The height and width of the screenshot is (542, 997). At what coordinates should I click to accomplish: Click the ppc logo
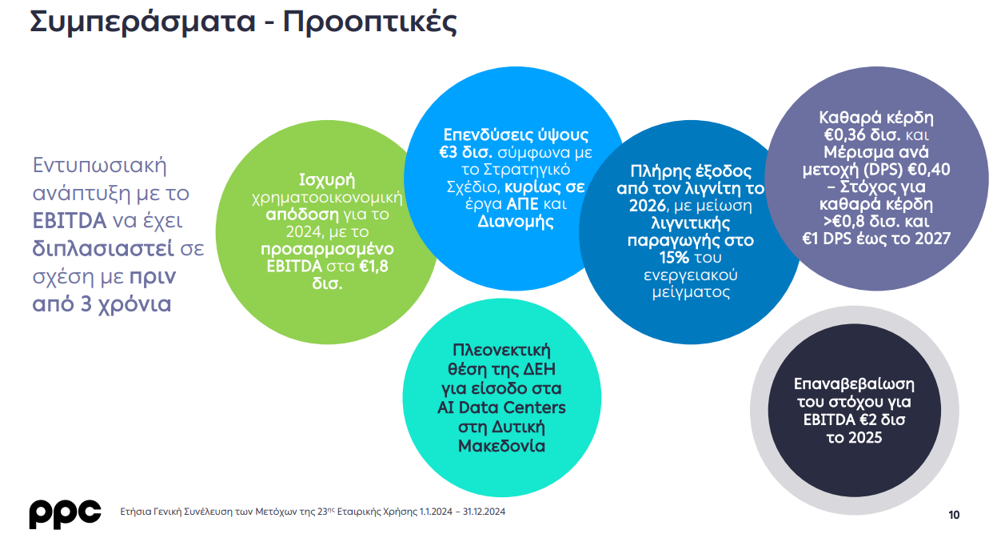click(65, 514)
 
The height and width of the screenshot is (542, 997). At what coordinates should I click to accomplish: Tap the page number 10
click(954, 516)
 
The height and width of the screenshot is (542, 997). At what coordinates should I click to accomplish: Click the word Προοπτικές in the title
click(370, 22)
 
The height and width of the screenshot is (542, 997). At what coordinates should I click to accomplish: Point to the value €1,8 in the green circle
click(373, 266)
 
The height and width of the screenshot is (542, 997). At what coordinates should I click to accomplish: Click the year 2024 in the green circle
click(303, 232)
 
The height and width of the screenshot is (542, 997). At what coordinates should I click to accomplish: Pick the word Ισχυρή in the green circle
click(327, 180)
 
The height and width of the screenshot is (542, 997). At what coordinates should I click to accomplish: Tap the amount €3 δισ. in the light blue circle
click(465, 152)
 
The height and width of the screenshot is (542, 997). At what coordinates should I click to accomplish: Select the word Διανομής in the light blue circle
click(516, 222)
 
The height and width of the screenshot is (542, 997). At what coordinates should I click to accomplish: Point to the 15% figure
click(674, 258)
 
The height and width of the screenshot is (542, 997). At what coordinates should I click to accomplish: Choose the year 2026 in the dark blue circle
click(648, 206)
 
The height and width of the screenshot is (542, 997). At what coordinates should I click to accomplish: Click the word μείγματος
click(691, 293)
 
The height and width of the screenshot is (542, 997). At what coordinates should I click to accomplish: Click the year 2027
click(931, 239)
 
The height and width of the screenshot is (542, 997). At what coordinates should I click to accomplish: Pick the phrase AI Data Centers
click(501, 408)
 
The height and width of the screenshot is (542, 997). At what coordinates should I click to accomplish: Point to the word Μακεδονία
click(501, 446)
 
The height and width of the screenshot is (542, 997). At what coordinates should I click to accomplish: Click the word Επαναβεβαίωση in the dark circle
click(854, 384)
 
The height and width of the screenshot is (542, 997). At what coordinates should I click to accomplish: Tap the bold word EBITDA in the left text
click(70, 221)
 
